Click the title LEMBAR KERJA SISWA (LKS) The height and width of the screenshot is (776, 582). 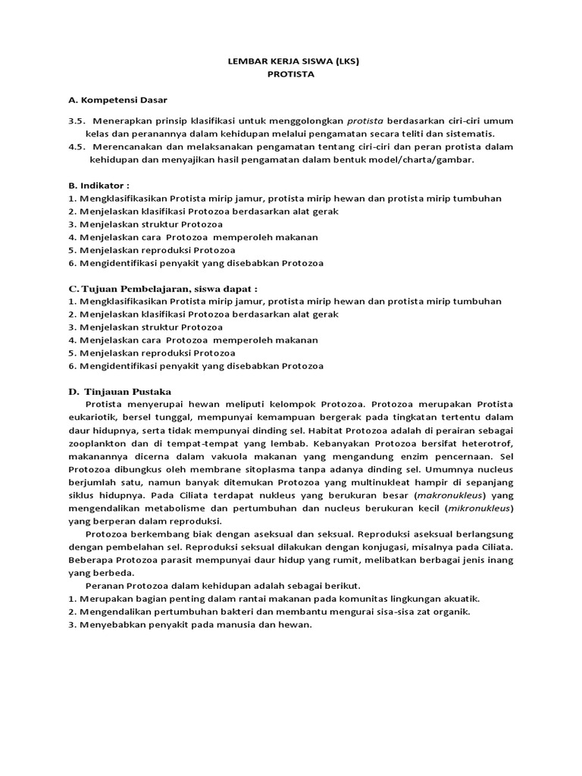pos(291,62)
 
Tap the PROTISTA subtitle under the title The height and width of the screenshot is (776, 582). pos(291,75)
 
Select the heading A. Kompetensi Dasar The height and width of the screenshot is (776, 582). pos(117,100)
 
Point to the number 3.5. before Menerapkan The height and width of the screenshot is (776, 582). pos(77,120)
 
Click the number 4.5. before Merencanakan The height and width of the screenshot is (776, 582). pos(77,146)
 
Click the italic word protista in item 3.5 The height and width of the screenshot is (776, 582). pos(366,120)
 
